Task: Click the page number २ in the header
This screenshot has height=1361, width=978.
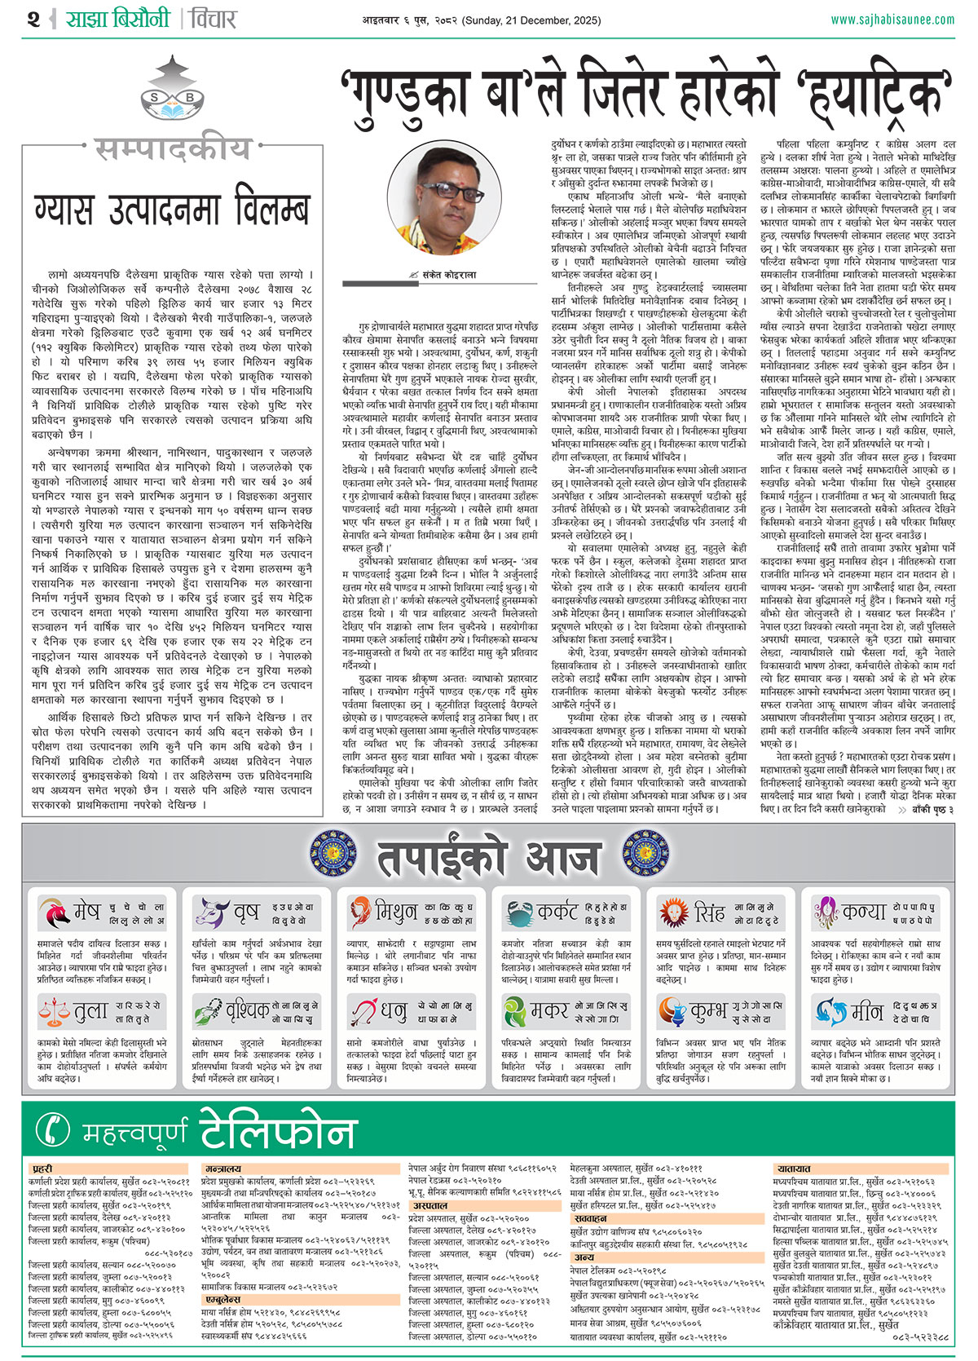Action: tap(33, 18)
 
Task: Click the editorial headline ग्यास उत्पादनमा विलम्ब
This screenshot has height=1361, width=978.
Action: tap(172, 210)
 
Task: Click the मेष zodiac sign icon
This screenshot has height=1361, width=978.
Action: tap(55, 913)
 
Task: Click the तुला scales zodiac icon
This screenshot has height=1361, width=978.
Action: tap(55, 1011)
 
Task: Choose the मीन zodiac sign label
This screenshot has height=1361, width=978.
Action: tap(867, 1012)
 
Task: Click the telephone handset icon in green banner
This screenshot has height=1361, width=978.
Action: tap(55, 1129)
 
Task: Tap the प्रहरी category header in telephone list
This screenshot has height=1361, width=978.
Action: tap(42, 1169)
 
